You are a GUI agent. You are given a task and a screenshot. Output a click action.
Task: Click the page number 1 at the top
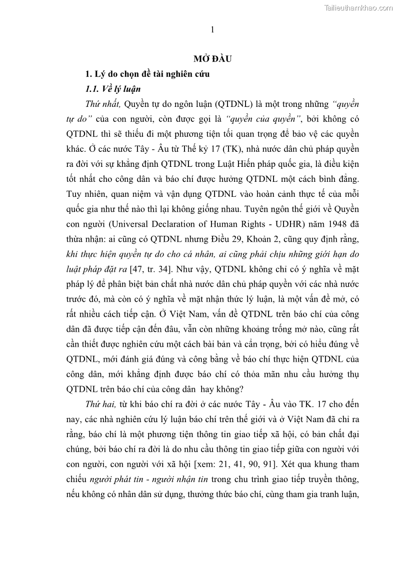(x=212, y=30)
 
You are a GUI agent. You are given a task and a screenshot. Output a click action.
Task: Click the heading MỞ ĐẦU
(x=212, y=59)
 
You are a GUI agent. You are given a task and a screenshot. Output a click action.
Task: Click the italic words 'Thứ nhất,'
(x=103, y=104)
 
